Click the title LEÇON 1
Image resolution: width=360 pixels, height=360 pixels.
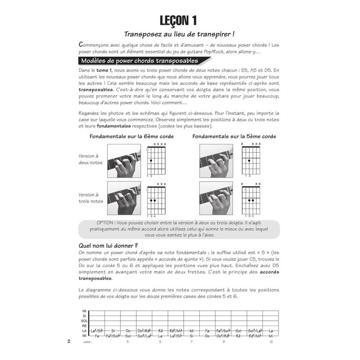pyautogui.click(x=180, y=21)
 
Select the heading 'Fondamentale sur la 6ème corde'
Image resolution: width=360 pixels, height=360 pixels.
pyautogui.click(x=131, y=136)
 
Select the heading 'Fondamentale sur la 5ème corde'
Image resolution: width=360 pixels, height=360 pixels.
pyautogui.click(x=234, y=136)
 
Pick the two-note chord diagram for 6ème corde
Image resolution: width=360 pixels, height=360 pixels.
pyautogui.click(x=157, y=160)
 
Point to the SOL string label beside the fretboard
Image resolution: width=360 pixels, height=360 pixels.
pyautogui.click(x=84, y=321)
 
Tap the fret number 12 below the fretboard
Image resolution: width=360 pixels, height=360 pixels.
pyautogui.click(x=271, y=341)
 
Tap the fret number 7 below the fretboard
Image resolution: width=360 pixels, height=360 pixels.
pyautogui.click(x=191, y=341)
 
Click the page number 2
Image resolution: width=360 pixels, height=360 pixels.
pyautogui.click(x=69, y=341)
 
